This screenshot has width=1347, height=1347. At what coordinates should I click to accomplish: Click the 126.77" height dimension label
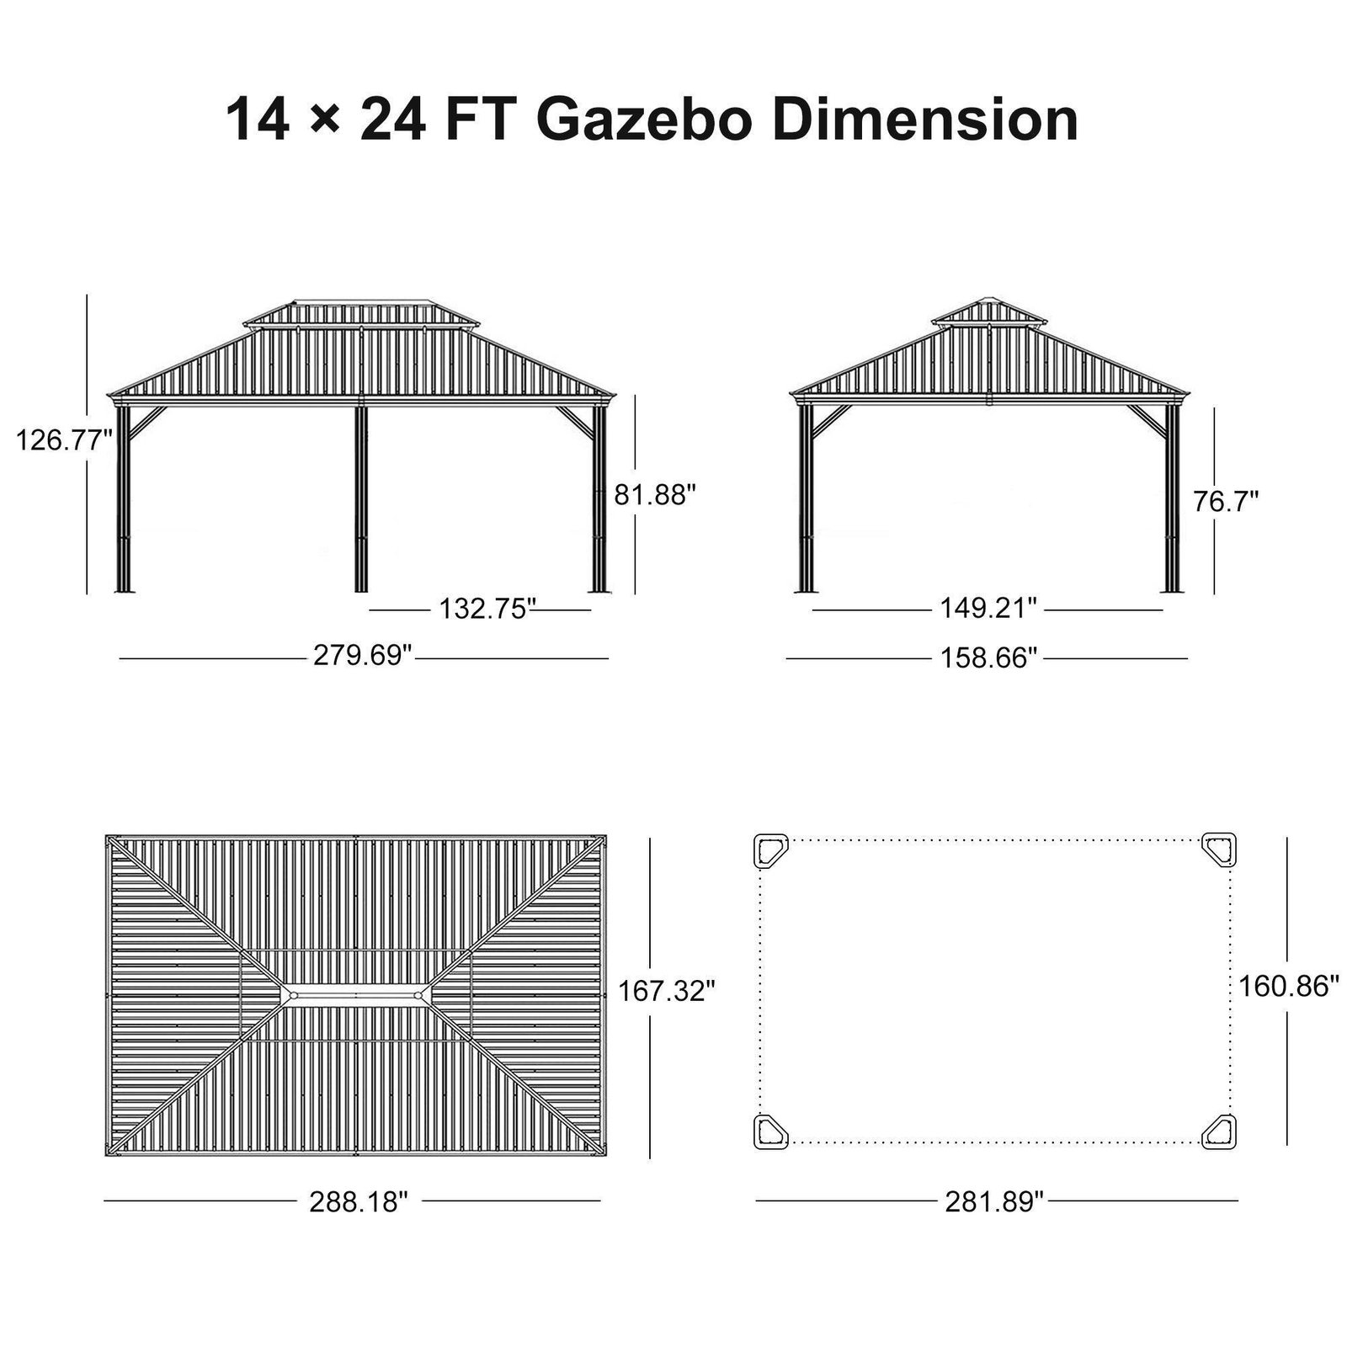tap(64, 439)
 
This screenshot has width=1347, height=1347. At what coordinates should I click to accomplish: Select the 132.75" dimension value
tap(487, 608)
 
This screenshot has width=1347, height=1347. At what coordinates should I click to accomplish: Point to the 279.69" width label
tap(363, 655)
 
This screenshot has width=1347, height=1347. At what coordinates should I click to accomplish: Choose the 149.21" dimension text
tap(988, 607)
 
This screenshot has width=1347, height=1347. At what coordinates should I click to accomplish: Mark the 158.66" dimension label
tap(988, 657)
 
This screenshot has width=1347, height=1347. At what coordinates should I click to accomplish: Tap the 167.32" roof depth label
tap(667, 991)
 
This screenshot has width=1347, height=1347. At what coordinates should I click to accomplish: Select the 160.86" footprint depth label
tap(1288, 985)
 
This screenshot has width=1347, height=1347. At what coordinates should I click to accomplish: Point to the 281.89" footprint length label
tap(994, 1201)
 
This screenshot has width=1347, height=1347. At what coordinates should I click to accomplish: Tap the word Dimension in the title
tap(926, 120)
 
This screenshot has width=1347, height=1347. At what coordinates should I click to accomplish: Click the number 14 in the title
tap(258, 120)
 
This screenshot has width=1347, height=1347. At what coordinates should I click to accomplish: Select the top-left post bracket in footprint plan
tap(769, 850)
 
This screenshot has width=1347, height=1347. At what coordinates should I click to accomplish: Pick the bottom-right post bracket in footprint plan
tap(1219, 1131)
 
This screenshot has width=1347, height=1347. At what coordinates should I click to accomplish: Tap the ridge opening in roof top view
tap(357, 995)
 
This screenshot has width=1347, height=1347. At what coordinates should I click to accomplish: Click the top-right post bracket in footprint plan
tap(1219, 850)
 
